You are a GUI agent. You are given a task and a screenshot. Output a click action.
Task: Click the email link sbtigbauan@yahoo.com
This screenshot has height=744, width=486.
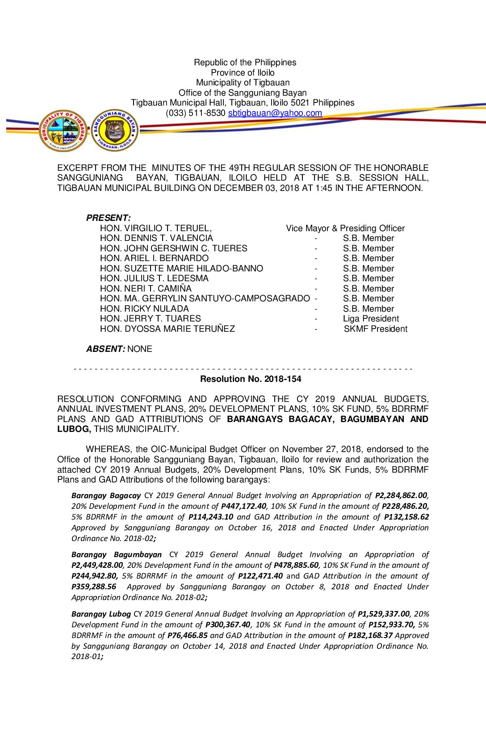click(x=275, y=113)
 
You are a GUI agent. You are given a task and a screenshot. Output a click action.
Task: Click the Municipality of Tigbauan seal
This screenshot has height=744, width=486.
click(x=63, y=131)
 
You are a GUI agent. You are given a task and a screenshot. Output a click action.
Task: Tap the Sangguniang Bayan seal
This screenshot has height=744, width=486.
click(x=115, y=131)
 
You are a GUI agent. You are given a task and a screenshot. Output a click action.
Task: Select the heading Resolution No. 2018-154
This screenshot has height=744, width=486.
click(x=251, y=379)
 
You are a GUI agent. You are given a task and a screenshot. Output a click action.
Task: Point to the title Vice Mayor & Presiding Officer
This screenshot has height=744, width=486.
click(x=345, y=228)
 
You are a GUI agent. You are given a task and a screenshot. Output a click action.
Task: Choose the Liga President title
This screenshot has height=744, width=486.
click(x=371, y=319)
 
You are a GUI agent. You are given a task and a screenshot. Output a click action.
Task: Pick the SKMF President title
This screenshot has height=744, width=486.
click(x=375, y=329)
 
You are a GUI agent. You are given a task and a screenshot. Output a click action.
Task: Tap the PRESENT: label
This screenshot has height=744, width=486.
click(x=109, y=218)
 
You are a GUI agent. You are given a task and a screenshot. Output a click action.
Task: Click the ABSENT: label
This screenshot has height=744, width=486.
click(x=106, y=349)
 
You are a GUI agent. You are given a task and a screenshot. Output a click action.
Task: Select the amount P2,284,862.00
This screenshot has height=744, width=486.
click(x=401, y=496)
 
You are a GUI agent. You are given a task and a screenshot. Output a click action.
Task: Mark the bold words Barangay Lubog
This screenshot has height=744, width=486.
click(x=101, y=614)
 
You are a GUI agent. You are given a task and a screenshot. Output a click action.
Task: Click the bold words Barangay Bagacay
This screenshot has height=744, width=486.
click(x=106, y=496)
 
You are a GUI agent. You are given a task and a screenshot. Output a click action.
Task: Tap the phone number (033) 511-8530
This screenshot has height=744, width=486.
click(x=195, y=113)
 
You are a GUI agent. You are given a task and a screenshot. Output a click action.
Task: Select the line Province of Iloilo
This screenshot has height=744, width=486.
click(x=243, y=73)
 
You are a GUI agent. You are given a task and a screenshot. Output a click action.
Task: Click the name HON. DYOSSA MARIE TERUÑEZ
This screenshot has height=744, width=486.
click(x=168, y=329)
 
